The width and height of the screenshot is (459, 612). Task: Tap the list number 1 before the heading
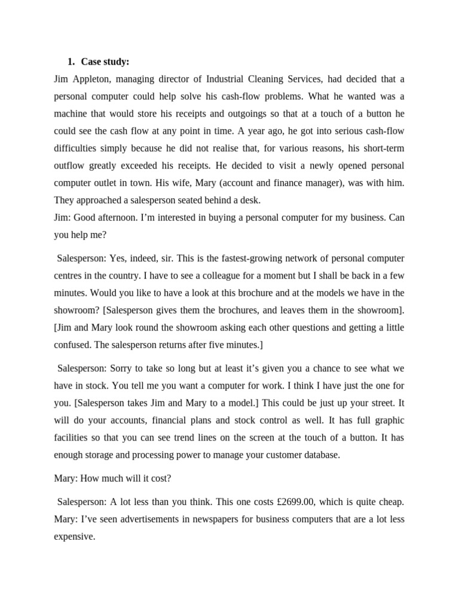tap(71, 62)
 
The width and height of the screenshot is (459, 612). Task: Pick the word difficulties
tap(75, 148)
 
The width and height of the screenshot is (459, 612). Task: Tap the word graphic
tap(389, 420)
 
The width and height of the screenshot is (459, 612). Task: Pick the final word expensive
tap(74, 537)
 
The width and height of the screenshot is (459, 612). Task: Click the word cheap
tap(389, 503)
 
